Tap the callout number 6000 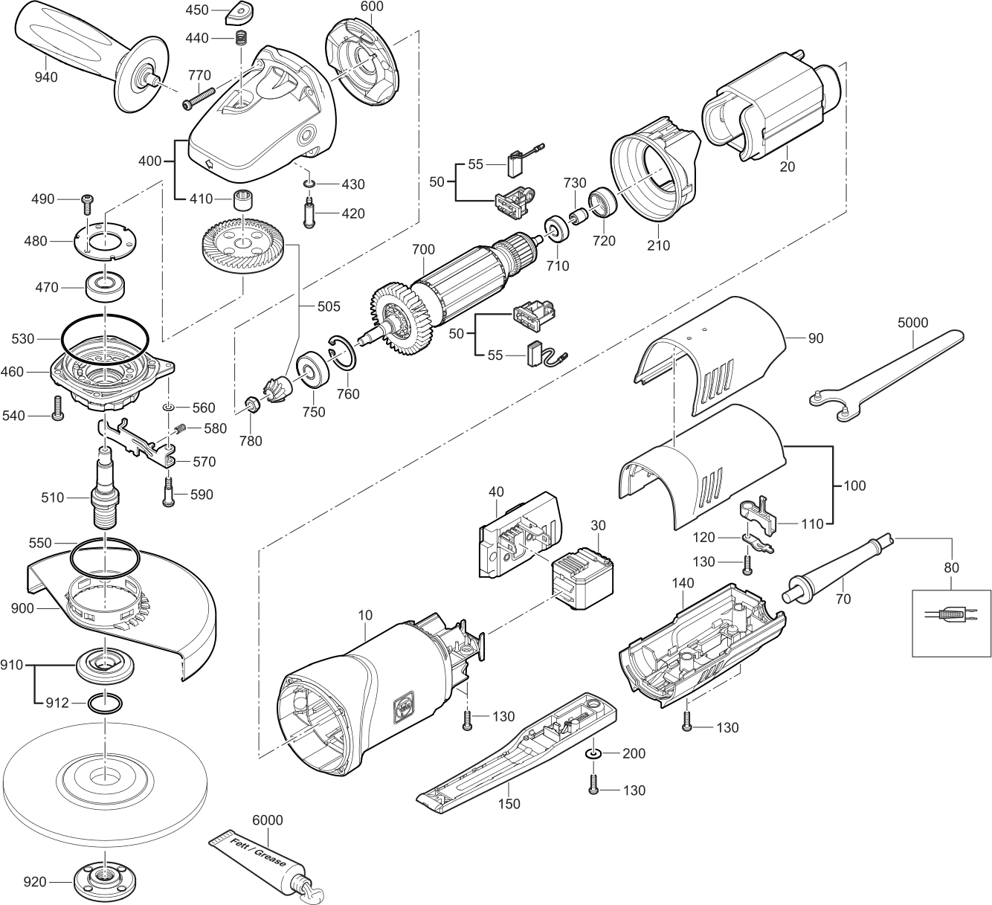(x=268, y=819)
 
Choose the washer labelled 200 (x=593, y=754)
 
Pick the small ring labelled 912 (x=104, y=702)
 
